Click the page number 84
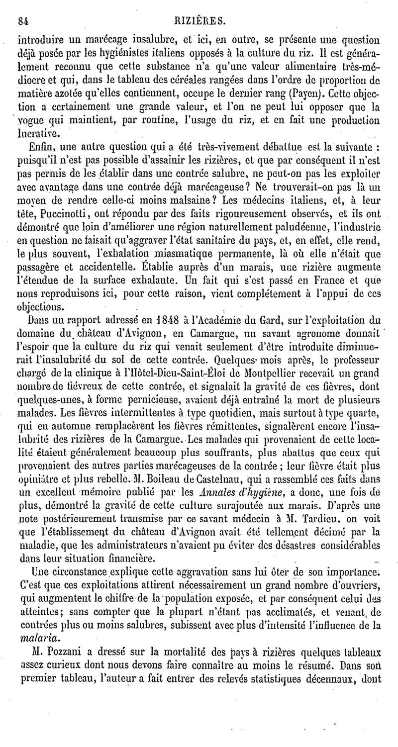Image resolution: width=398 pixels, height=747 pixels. point(22,21)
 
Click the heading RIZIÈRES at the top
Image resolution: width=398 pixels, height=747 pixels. point(204,21)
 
